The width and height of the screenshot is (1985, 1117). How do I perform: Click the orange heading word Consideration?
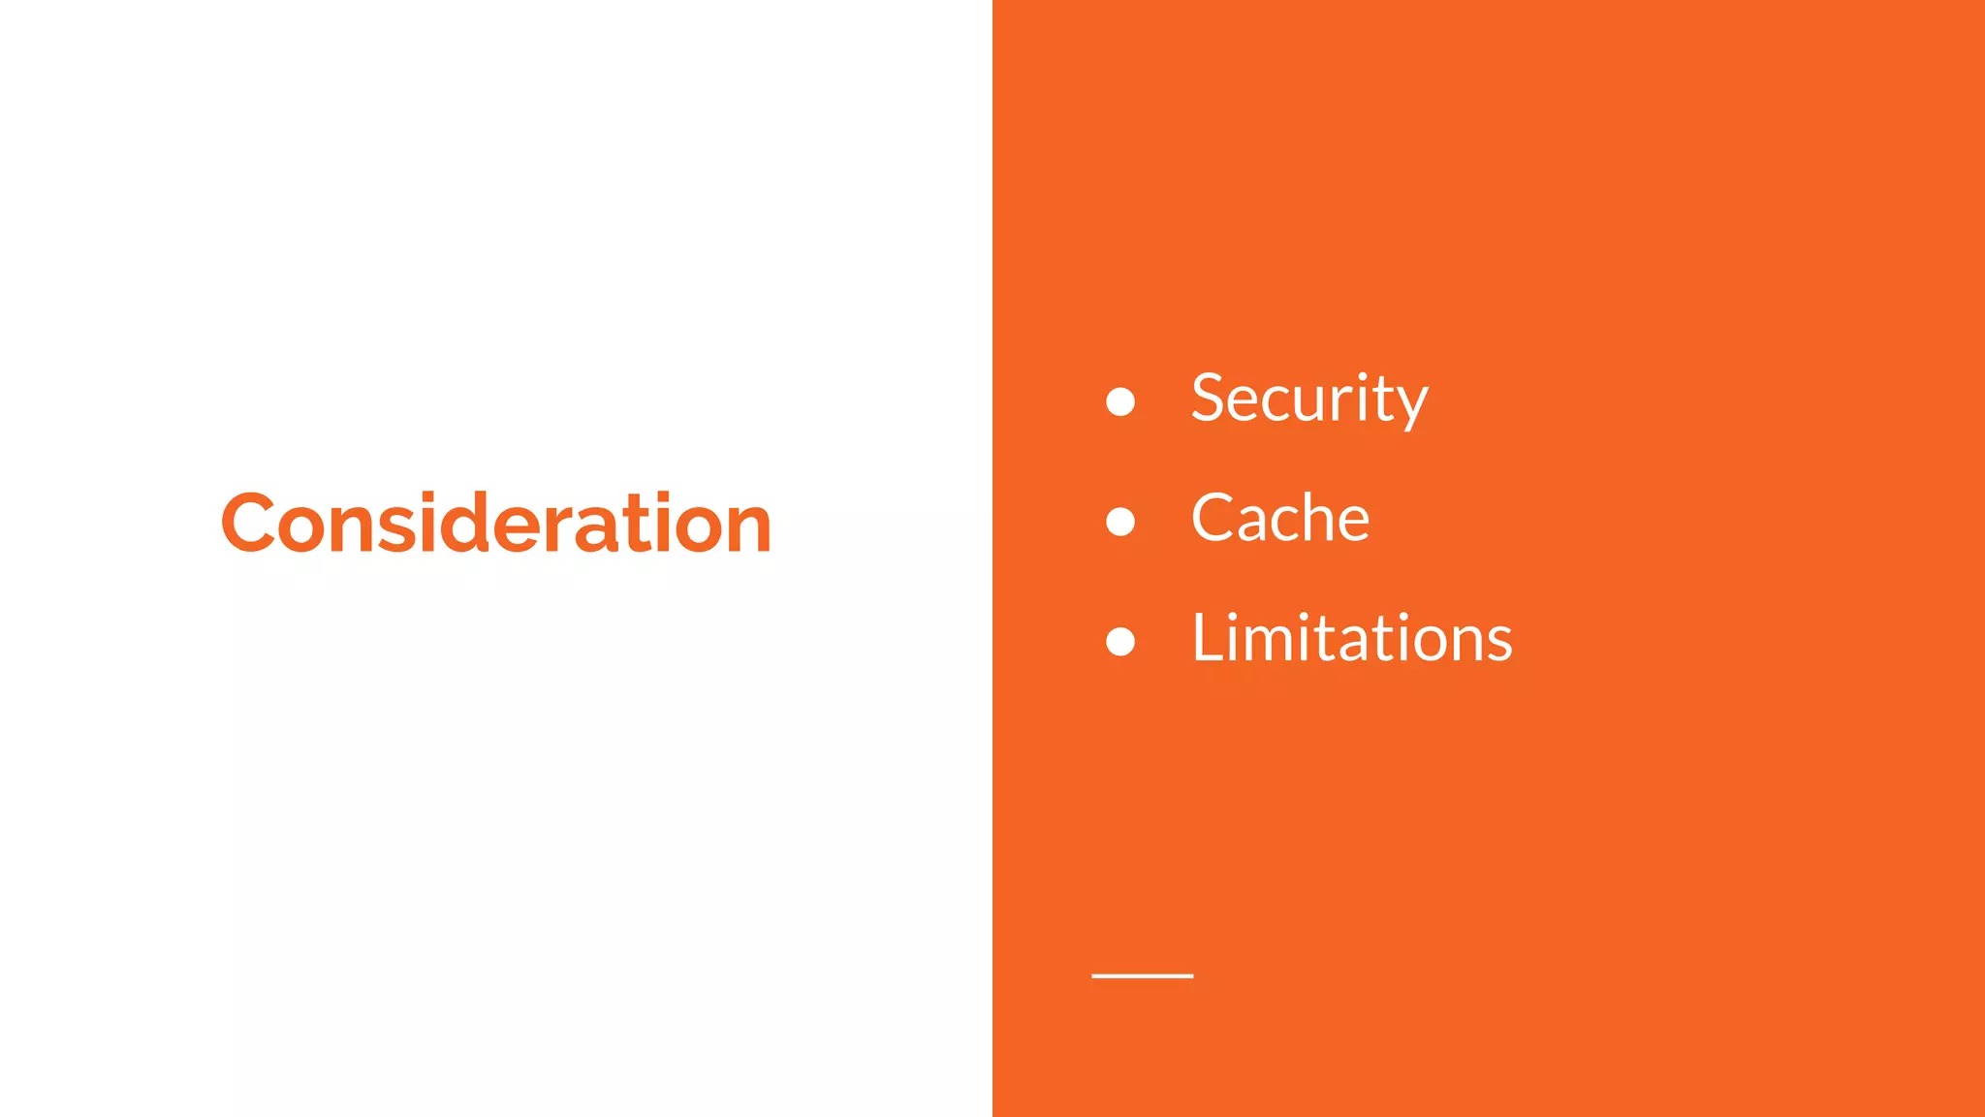click(496, 524)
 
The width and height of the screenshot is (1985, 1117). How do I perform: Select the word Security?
click(1309, 399)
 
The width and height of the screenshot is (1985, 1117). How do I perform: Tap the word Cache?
click(1280, 518)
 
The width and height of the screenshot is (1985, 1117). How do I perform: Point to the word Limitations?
click(1351, 639)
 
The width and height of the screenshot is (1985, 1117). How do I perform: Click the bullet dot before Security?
click(1120, 401)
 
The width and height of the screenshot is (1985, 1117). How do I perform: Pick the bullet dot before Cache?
click(1120, 522)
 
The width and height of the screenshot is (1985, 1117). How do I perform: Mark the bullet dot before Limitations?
click(1120, 641)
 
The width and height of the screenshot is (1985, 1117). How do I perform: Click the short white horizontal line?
click(1142, 975)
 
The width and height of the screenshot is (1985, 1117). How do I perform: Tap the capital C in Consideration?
click(249, 524)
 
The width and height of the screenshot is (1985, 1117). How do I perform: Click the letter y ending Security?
click(1410, 404)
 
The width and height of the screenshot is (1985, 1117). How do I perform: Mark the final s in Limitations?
click(1497, 643)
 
